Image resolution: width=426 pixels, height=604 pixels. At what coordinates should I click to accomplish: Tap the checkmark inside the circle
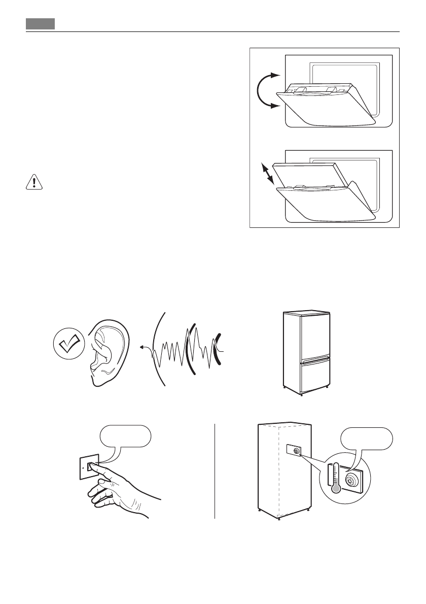point(67,345)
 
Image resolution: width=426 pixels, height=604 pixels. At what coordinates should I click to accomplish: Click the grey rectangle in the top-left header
point(41,24)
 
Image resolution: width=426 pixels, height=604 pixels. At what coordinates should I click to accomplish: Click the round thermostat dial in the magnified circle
point(352,480)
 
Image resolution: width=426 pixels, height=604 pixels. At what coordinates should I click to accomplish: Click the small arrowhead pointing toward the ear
point(144,348)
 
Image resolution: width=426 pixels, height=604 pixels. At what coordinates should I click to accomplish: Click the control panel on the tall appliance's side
point(294,450)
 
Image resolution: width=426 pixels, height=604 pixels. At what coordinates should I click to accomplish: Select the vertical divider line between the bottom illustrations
point(215,471)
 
